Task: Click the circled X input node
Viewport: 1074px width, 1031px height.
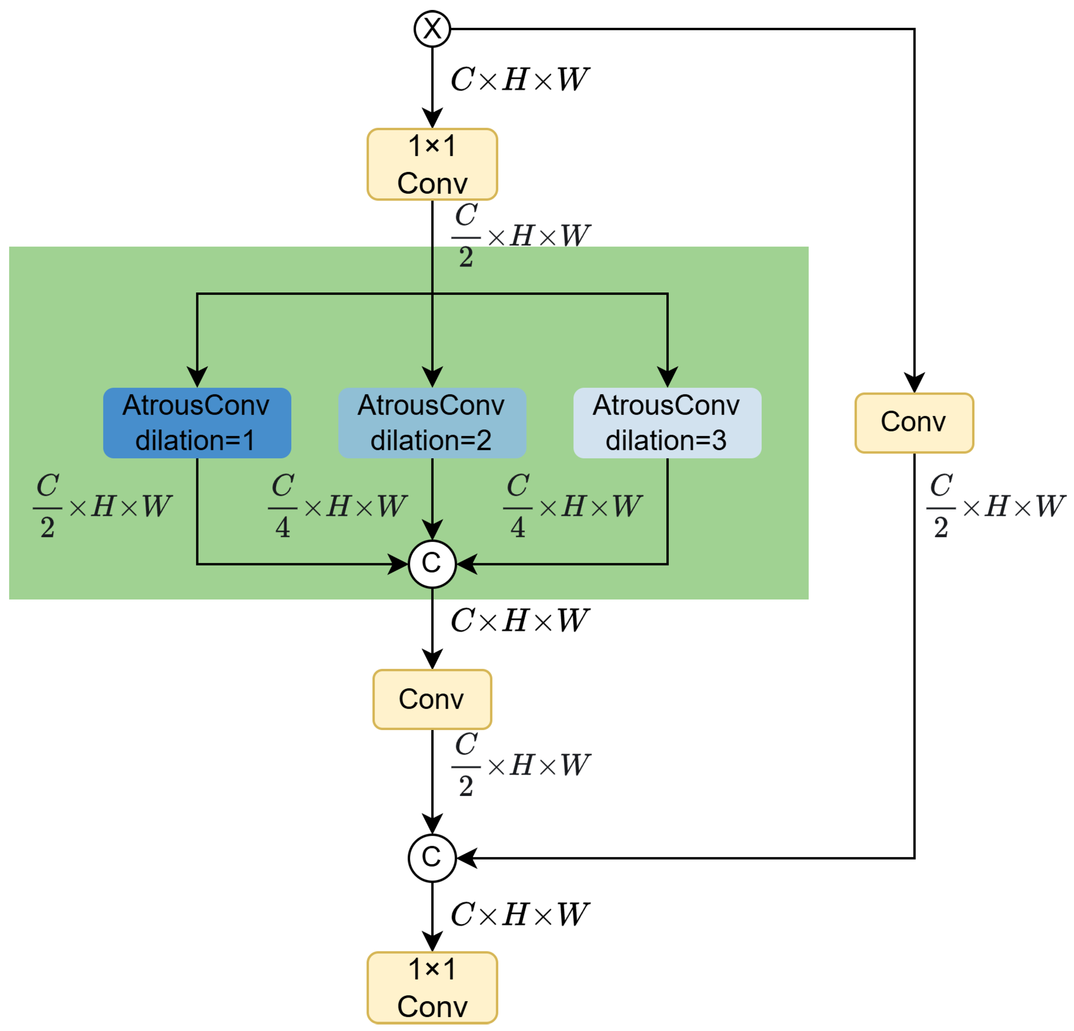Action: (432, 28)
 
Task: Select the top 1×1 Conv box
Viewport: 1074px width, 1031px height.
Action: (432, 165)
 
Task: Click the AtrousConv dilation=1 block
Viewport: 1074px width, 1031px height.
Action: (197, 423)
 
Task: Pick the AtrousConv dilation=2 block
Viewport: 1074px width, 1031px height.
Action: (432, 423)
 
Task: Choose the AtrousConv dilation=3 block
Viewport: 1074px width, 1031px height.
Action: (667, 423)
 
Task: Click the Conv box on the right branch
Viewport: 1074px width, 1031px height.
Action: (914, 423)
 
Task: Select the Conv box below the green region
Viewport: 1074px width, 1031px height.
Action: (432, 699)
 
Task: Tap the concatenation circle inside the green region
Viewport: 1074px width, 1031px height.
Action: (432, 564)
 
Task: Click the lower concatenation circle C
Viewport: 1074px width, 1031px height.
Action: (432, 858)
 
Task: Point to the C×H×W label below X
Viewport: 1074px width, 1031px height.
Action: (519, 80)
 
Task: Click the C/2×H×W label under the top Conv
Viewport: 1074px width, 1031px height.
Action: (519, 236)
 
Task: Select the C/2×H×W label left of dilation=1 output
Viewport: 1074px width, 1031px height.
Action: (102, 505)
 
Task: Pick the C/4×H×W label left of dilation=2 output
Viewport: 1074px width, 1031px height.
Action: (337, 505)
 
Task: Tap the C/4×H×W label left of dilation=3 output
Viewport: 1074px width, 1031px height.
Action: (572, 505)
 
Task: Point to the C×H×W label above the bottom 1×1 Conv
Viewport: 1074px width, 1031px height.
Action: (519, 915)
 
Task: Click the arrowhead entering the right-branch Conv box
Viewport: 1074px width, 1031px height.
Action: (914, 382)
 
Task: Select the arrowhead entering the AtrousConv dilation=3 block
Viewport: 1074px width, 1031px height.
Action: (667, 377)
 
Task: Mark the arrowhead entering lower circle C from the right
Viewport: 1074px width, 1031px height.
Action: (467, 858)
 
